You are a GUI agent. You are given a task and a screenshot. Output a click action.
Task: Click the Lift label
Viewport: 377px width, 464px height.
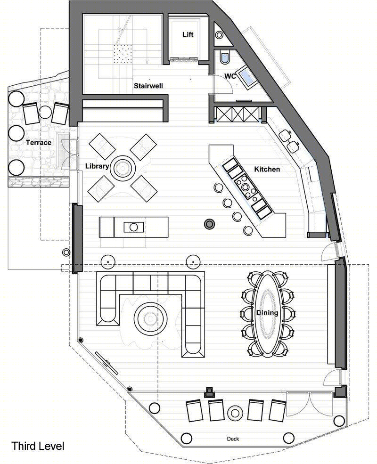pyautogui.click(x=188, y=34)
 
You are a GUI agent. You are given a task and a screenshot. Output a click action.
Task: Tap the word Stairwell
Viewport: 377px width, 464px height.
pyautogui.click(x=148, y=86)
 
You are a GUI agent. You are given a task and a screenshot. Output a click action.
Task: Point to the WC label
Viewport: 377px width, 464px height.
pyautogui.click(x=230, y=76)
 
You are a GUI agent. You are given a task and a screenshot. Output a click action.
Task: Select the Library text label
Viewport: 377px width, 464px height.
pyautogui.click(x=97, y=166)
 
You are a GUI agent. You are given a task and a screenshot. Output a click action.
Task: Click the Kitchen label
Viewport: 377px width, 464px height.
pyautogui.click(x=267, y=169)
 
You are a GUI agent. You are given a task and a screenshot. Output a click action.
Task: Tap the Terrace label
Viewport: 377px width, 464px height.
pyautogui.click(x=39, y=143)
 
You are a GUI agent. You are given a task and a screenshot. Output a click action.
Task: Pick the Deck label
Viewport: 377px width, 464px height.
pyautogui.click(x=233, y=439)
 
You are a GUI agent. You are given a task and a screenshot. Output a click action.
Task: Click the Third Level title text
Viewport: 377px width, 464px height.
pyautogui.click(x=38, y=446)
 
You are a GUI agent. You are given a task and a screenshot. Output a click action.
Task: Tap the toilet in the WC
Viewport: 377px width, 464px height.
pyautogui.click(x=225, y=57)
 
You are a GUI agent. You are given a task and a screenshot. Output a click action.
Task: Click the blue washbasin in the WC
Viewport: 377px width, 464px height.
pyautogui.click(x=248, y=76)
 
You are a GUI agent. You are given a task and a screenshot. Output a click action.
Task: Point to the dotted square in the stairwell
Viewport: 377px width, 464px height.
pyautogui.click(x=123, y=54)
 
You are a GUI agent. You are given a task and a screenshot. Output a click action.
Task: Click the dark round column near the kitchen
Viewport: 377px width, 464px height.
pyautogui.click(x=210, y=224)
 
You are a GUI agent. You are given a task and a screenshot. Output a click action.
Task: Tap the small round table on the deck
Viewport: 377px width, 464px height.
pyautogui.click(x=235, y=413)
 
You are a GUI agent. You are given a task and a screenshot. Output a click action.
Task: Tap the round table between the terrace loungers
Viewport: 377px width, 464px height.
pyautogui.click(x=45, y=112)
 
